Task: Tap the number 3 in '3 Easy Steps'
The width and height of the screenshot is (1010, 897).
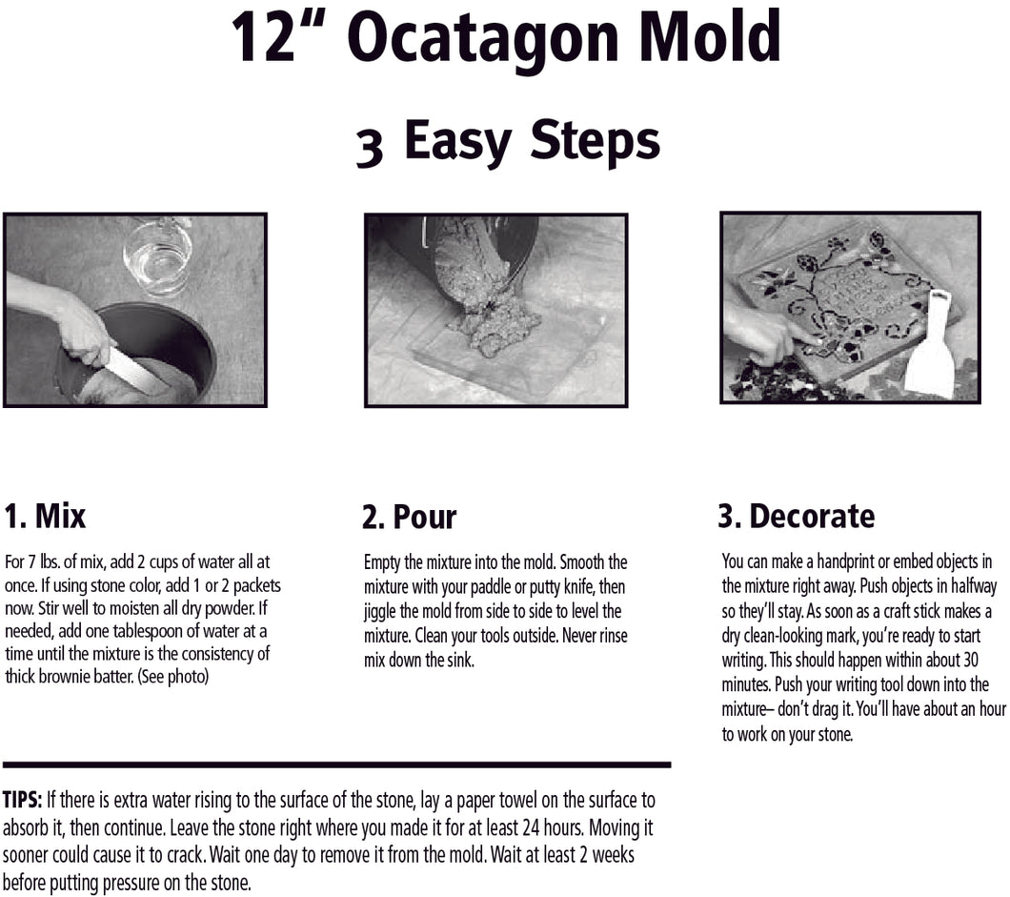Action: tap(370, 148)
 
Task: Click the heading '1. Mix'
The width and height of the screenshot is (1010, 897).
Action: tap(45, 516)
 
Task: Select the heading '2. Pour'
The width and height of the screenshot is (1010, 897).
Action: tap(409, 517)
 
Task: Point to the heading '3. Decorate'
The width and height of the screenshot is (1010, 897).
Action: tap(797, 516)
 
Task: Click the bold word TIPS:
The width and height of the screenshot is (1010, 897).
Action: tap(23, 800)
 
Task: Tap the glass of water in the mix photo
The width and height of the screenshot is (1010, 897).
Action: tap(158, 255)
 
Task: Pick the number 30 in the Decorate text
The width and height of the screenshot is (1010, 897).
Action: tap(970, 660)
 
